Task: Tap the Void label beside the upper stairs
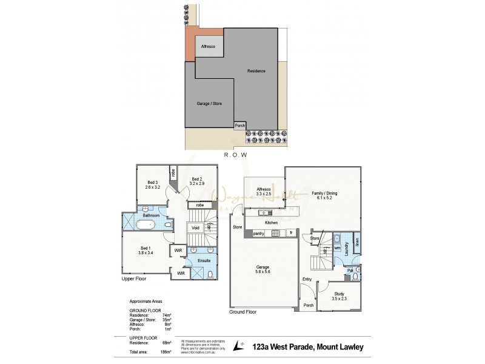coord(195,228)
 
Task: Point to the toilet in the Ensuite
coord(210,275)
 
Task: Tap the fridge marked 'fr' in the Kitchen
coord(290,232)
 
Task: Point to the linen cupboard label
coord(356,243)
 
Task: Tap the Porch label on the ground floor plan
coord(309,305)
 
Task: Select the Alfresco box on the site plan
coord(209,46)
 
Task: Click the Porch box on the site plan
coord(241,126)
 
